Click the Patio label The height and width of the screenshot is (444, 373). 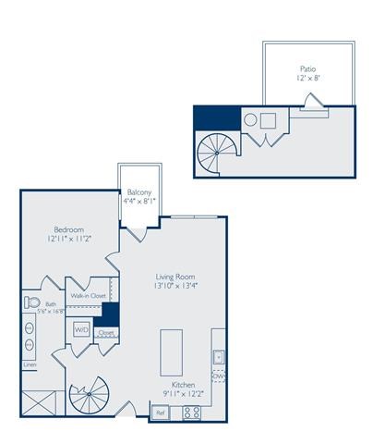tap(308, 68)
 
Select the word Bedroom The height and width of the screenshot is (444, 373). tap(69, 229)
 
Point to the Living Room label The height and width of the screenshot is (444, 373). tap(174, 277)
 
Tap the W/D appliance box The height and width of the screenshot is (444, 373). tap(81, 329)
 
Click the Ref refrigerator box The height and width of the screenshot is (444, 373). tap(160, 413)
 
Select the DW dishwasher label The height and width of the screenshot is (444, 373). tap(219, 376)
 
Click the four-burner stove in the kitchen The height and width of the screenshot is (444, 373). tap(192, 413)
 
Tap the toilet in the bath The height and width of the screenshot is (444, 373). tap(32, 302)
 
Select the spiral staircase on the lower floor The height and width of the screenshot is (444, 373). tap(90, 399)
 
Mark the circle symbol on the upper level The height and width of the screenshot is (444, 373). tap(249, 120)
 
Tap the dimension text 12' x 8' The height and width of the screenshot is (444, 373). tap(308, 80)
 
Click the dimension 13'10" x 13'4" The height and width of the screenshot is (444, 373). tap(174, 287)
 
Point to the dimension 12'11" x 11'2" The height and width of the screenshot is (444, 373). tap(69, 240)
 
